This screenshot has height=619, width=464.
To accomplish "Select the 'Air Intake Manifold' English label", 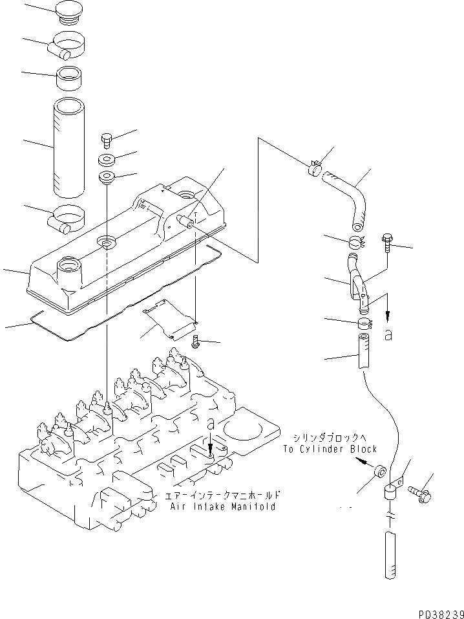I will pyautogui.click(x=223, y=506).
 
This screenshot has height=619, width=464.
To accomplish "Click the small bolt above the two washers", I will pyautogui.click(x=107, y=138).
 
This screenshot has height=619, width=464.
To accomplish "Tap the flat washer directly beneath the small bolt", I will pyautogui.click(x=107, y=158).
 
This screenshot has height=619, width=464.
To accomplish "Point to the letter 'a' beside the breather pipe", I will pyautogui.click(x=389, y=334).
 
